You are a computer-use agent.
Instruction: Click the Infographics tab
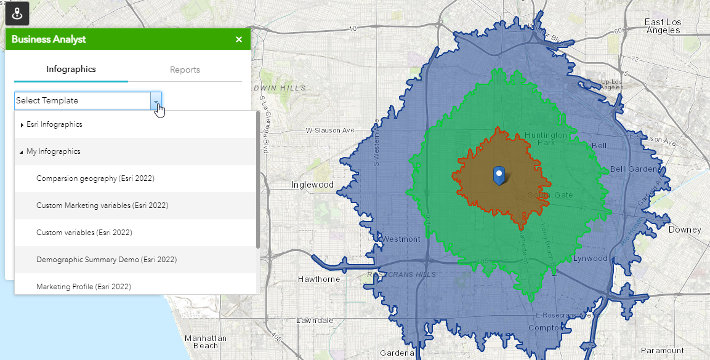point(71,70)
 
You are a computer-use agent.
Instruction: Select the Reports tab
point(185,70)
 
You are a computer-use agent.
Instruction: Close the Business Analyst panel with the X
point(239,39)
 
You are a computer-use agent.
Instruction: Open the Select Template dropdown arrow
point(156,101)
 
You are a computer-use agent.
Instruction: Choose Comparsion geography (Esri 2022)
point(95,178)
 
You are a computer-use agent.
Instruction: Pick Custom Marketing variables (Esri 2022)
point(102,206)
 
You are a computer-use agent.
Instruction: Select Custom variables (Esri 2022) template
point(84,233)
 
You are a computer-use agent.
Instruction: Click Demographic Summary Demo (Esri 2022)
point(106,260)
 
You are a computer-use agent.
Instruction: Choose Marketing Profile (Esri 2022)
point(83,287)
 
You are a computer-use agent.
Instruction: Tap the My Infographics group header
point(53,151)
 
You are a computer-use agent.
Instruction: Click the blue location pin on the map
point(499,175)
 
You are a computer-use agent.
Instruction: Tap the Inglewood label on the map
point(312,185)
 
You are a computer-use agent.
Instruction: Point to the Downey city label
point(685,230)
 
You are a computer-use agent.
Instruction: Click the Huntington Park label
point(546,138)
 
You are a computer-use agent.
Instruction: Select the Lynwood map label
point(590,258)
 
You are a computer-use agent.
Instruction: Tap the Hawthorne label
point(318,279)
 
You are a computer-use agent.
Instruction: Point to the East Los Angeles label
point(663,26)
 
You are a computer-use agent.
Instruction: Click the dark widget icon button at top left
point(17,13)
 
